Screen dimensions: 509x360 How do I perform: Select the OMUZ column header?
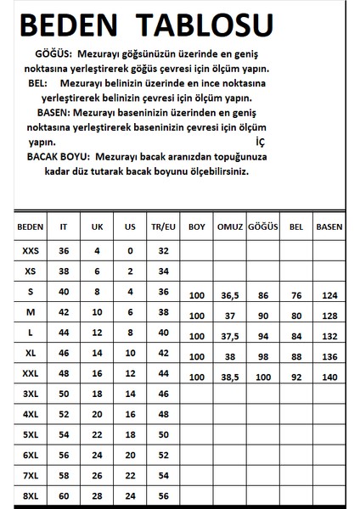(230, 227)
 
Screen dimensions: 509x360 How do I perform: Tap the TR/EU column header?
(164, 227)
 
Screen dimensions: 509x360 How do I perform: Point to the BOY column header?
(197, 227)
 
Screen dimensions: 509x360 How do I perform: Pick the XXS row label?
(30, 251)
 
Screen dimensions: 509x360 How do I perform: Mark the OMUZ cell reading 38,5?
(230, 376)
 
